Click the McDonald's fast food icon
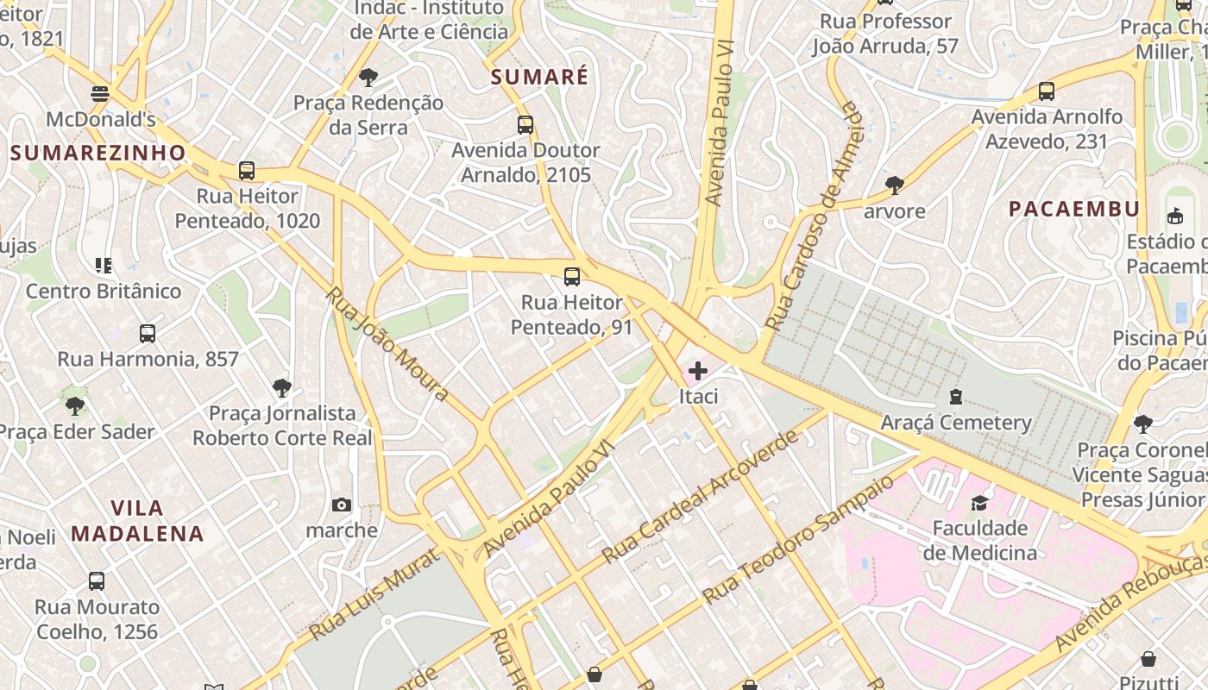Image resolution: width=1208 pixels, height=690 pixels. point(100,93)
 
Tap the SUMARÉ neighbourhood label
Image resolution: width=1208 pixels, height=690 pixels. point(539,77)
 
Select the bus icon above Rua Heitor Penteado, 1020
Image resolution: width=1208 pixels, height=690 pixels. point(247,171)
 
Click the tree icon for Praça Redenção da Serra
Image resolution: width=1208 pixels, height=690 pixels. point(368,78)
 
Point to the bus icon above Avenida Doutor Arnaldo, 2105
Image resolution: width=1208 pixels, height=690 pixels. point(525,125)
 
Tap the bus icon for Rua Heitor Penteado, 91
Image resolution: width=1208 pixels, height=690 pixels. point(572,277)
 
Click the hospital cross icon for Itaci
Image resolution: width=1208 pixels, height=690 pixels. point(698,372)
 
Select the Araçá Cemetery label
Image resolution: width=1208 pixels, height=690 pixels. point(956,423)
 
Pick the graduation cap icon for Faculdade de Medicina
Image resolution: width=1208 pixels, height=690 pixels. point(979,503)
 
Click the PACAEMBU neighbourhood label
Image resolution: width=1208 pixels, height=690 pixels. point(1074,209)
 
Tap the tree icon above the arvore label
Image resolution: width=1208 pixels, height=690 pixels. point(895,185)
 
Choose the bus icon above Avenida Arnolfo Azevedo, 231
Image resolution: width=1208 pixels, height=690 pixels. point(1047,91)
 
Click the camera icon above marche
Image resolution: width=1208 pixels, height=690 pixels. point(342,505)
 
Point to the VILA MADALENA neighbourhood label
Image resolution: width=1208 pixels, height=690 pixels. point(137,520)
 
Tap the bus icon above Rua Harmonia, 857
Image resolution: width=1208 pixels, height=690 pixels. point(148,334)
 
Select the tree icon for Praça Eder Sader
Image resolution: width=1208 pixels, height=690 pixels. point(76,405)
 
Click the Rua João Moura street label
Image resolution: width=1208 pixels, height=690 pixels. point(387,344)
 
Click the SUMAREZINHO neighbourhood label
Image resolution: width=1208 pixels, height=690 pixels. point(98,154)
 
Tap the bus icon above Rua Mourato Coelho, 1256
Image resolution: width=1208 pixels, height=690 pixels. point(97,581)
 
